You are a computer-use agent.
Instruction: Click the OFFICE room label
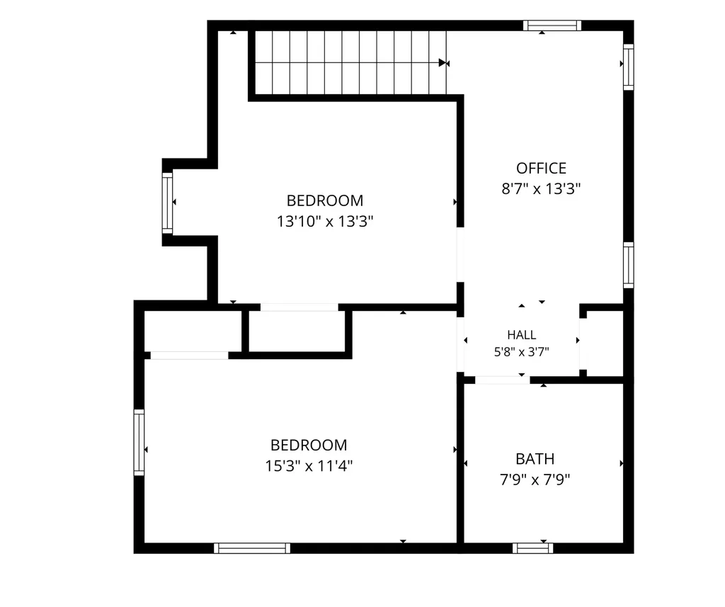[x=541, y=168]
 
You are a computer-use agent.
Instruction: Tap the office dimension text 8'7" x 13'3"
[x=541, y=189]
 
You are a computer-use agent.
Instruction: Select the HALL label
[x=522, y=334]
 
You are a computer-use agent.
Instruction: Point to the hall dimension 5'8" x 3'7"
[x=522, y=352]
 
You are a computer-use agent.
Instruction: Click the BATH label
[x=535, y=458]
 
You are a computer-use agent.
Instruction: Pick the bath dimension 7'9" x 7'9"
[x=535, y=480]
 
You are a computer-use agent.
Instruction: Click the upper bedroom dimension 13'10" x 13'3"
[x=325, y=222]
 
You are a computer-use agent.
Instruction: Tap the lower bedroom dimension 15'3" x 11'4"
[x=309, y=465]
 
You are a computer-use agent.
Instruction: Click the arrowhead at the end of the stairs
[x=443, y=62]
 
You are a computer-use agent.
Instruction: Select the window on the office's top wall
[x=552, y=25]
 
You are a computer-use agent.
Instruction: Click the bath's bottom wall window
[x=532, y=548]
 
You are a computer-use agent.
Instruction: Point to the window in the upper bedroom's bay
[x=167, y=203]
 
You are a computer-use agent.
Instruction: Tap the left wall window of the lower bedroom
[x=139, y=442]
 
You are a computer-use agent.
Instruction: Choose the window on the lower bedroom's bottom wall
[x=252, y=548]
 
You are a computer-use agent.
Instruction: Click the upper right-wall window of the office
[x=629, y=67]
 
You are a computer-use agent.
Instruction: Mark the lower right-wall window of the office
[x=629, y=265]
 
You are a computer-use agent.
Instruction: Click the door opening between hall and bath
[x=503, y=380]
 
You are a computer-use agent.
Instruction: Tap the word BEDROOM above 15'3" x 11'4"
[x=309, y=445]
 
